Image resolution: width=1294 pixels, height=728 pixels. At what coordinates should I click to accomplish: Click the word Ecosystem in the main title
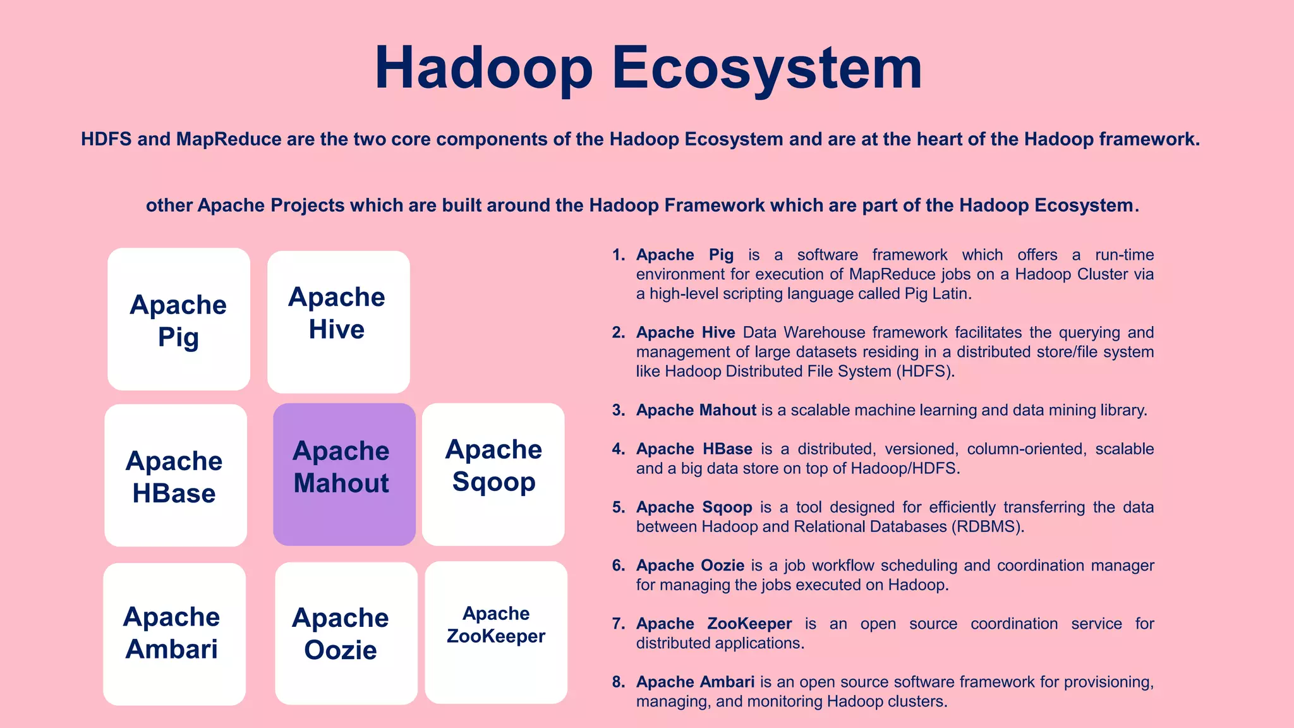[767, 68]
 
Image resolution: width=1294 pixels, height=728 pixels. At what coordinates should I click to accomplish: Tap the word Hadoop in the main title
[483, 68]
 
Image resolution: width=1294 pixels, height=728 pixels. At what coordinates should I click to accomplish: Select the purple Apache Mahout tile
[344, 474]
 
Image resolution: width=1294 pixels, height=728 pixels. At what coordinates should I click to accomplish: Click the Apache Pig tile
[179, 319]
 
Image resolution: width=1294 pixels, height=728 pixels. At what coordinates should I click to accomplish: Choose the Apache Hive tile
[338, 322]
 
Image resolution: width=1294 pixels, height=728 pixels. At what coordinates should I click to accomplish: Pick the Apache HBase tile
[175, 475]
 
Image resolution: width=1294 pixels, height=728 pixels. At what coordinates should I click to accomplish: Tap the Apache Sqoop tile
[493, 474]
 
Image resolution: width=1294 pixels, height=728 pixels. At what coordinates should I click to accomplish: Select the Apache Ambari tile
[174, 634]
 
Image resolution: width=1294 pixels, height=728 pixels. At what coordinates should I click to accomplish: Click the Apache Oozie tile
[346, 633]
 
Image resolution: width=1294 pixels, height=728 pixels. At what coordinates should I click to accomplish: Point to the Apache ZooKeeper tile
[496, 632]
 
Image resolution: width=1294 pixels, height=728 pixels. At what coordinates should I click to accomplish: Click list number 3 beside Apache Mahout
[618, 410]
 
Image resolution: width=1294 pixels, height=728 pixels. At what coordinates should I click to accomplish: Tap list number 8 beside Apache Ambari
[618, 682]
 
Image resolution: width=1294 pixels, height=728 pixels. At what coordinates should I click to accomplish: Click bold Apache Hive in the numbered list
[685, 332]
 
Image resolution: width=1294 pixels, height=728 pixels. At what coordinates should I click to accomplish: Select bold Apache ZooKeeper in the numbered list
[713, 624]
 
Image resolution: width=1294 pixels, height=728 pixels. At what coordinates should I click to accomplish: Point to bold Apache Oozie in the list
[689, 566]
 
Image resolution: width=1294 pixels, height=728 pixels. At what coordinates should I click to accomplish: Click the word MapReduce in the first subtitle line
[229, 139]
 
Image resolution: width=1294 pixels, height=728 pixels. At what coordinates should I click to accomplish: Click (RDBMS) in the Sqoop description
[987, 526]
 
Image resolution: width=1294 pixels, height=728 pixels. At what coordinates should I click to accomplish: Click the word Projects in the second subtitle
[308, 205]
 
